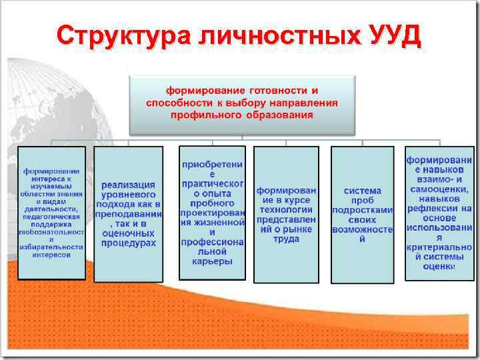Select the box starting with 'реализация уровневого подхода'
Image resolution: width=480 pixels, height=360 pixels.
tap(129, 213)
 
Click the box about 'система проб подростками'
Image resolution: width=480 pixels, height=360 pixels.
tap(362, 213)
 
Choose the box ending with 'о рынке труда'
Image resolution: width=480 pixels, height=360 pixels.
tap(286, 213)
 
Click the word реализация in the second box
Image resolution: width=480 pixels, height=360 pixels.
tap(129, 184)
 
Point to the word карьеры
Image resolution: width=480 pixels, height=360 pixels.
tap(212, 262)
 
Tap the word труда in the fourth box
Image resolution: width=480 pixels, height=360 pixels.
tap(286, 239)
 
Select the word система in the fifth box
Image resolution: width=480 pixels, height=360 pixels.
tap(363, 191)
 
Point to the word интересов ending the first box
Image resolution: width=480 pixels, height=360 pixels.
tap(52, 255)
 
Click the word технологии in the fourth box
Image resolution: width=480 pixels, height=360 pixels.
tap(286, 209)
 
